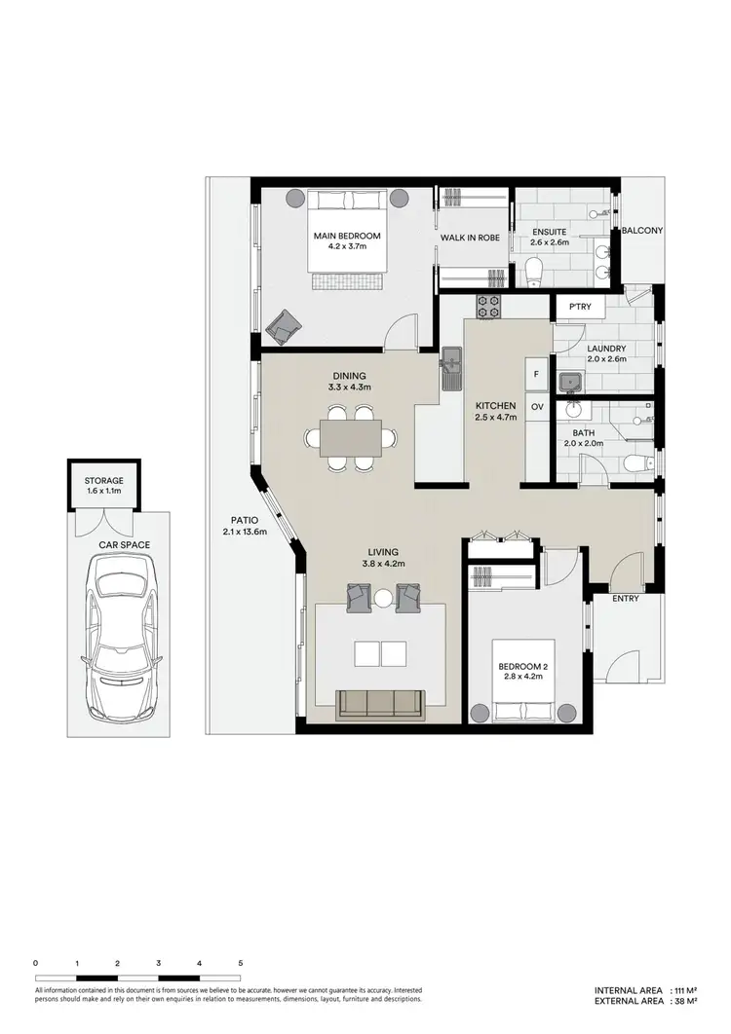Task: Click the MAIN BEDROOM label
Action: click(346, 236)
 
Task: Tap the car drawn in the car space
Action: click(122, 638)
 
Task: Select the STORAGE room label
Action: click(103, 481)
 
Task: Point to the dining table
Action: click(346, 439)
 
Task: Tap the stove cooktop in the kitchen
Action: click(488, 308)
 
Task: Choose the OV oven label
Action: click(536, 406)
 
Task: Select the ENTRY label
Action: click(625, 598)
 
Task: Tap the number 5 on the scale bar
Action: click(240, 962)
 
